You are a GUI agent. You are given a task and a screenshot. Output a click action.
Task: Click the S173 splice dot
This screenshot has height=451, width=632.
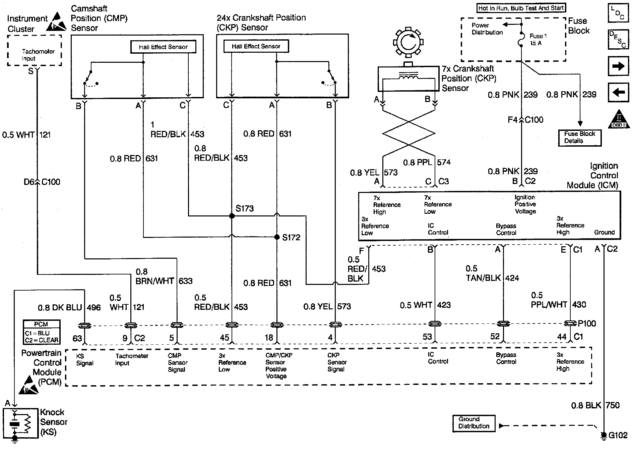(x=232, y=216)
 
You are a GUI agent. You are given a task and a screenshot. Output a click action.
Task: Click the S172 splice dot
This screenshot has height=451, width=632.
(x=277, y=237)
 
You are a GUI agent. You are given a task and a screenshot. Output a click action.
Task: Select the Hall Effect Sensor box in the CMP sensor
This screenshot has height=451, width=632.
(x=163, y=47)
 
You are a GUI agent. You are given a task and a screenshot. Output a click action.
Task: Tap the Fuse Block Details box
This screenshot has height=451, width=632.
(x=580, y=138)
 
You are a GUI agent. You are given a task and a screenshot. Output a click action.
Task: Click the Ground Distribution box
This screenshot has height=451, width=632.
(x=474, y=423)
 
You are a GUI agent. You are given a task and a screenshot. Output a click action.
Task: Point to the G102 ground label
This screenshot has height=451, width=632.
(x=618, y=436)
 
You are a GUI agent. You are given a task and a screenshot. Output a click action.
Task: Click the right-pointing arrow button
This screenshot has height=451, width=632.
(x=618, y=66)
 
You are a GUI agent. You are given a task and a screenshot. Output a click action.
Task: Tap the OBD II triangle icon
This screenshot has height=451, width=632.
(x=619, y=120)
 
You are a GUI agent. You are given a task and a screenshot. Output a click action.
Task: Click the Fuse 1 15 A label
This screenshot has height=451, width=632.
(x=538, y=40)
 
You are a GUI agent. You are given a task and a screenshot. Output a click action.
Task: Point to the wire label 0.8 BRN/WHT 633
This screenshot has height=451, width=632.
(x=164, y=277)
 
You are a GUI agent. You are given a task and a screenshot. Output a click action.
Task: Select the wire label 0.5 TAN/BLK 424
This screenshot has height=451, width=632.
(x=492, y=273)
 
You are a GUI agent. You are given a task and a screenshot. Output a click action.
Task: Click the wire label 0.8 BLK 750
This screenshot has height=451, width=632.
(x=595, y=406)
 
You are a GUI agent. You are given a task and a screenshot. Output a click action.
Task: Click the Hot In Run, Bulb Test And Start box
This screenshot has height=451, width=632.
(x=521, y=8)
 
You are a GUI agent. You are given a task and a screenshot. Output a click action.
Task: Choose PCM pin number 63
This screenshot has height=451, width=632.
(x=77, y=338)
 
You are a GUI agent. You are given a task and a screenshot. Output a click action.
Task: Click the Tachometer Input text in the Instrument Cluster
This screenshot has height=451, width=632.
(x=38, y=55)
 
